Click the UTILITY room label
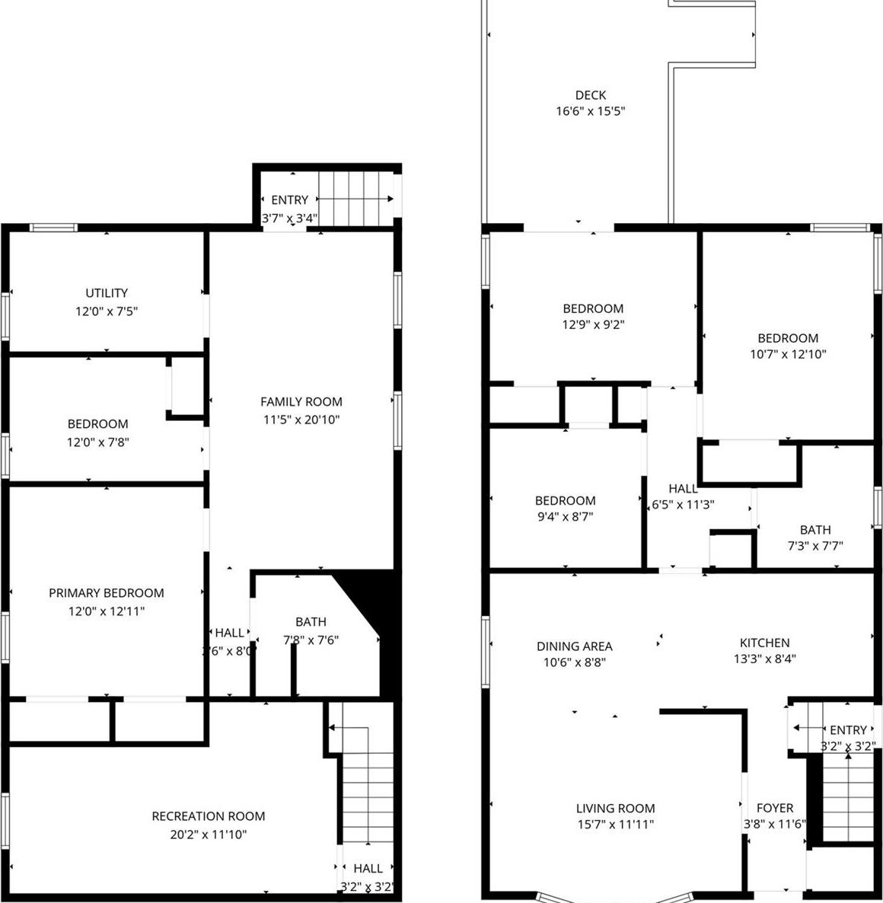[x=107, y=293]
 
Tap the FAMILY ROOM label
[x=301, y=402]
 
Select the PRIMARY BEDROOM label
[x=107, y=593]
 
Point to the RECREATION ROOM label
[x=209, y=816]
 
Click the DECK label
[x=591, y=95]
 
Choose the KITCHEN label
[x=764, y=643]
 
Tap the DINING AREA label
[x=574, y=646]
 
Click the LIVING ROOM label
[x=615, y=809]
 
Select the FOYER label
[x=775, y=808]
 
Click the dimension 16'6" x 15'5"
[x=591, y=111]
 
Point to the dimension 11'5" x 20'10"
[x=301, y=420]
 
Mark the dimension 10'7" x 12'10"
[x=788, y=354]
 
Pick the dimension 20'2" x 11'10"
[x=209, y=834]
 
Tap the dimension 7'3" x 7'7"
[x=815, y=546]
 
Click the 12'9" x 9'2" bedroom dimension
[x=593, y=324]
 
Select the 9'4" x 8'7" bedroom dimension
[x=565, y=516]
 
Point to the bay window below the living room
[x=615, y=896]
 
